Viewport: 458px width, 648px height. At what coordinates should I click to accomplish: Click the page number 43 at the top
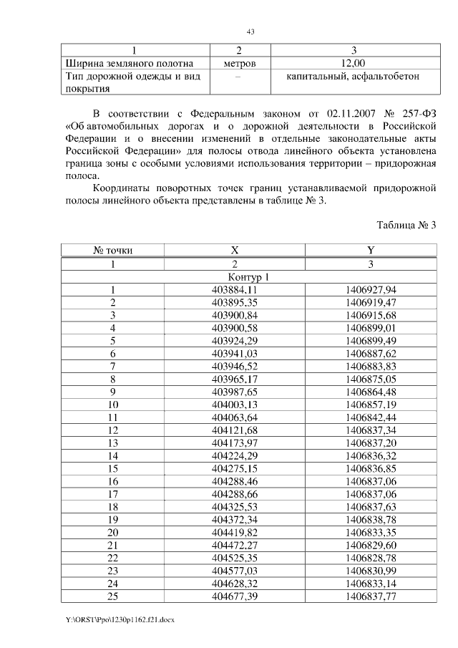(250, 32)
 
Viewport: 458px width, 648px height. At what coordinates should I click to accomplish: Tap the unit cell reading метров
(238, 63)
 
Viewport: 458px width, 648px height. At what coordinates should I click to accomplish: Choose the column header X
(235, 251)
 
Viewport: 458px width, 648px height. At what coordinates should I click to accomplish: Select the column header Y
(370, 251)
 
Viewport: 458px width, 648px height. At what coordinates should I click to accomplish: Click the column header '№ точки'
(113, 251)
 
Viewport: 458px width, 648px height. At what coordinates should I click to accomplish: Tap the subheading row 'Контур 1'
(248, 276)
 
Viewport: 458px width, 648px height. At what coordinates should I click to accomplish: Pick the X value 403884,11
(235, 289)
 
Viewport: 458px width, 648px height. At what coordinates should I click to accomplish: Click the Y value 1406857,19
(370, 405)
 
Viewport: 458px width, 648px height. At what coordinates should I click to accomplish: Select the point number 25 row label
(113, 596)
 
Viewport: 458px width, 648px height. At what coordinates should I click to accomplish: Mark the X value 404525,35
(235, 558)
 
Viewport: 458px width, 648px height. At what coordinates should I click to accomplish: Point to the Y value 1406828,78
(370, 558)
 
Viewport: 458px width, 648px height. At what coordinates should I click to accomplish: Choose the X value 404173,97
(235, 443)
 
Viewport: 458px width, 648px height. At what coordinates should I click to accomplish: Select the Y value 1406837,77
(370, 596)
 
